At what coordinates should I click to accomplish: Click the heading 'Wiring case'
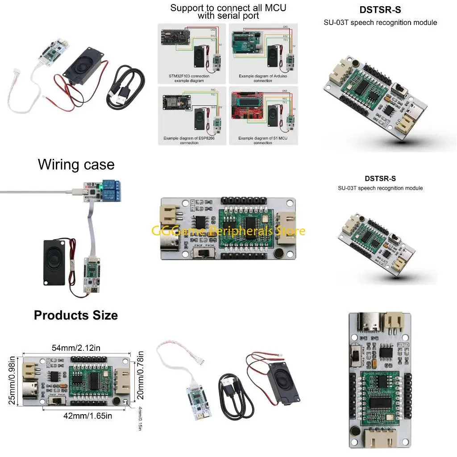pyautogui.click(x=76, y=164)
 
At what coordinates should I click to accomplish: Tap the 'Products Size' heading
pyautogui.click(x=76, y=315)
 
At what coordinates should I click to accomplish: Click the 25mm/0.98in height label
pyautogui.click(x=12, y=380)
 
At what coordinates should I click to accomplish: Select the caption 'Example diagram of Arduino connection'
pyautogui.click(x=262, y=79)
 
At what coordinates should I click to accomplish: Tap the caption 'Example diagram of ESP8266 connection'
pyautogui.click(x=190, y=141)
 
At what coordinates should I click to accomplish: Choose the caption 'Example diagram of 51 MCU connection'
pyautogui.click(x=262, y=141)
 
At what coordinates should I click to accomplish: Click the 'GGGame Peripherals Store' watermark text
pyautogui.click(x=228, y=231)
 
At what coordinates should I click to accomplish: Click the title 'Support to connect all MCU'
pyautogui.click(x=228, y=8)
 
